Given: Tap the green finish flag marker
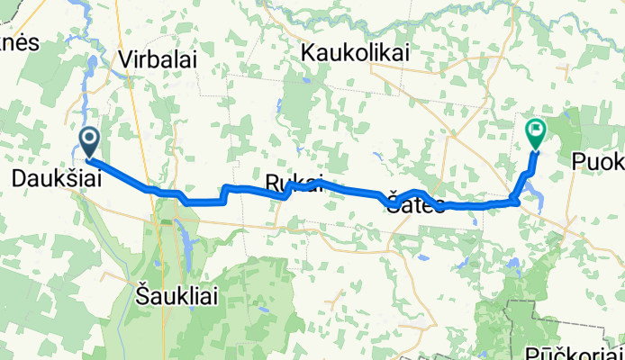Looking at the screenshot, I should point(535,132).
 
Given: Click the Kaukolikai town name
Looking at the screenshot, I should point(356,53).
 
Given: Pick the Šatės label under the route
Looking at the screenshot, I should point(416,204).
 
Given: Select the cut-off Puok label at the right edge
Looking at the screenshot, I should point(597,161).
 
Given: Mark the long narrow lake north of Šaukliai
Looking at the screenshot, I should point(187,247).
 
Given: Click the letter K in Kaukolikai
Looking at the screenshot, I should point(309,53).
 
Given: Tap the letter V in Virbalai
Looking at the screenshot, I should point(126,58).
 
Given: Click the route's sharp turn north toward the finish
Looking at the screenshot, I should point(516,201).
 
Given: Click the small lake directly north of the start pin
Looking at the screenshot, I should point(94,64).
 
